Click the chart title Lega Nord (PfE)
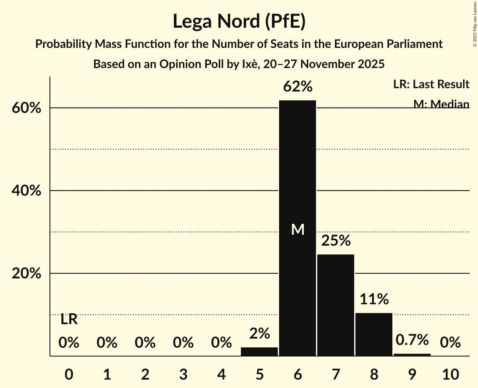click(239, 21)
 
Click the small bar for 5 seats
click(259, 351)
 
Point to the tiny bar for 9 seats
click(412, 355)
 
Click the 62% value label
click(298, 87)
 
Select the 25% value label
click(336, 241)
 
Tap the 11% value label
click(374, 299)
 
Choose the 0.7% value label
click(412, 339)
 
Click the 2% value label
click(259, 333)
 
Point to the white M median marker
click(298, 229)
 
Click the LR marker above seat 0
click(69, 320)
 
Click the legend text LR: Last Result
click(431, 84)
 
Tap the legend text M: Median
click(441, 104)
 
